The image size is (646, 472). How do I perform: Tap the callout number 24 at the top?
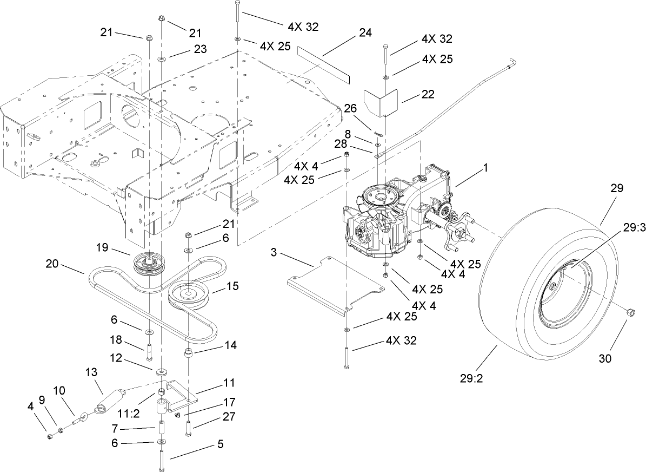tap(365, 33)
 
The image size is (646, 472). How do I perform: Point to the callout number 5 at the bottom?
tap(219, 444)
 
